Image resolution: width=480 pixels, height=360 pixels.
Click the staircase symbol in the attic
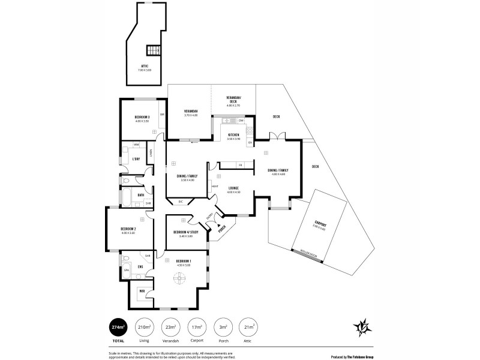(155, 50)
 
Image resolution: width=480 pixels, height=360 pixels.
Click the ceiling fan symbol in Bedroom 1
(179, 278)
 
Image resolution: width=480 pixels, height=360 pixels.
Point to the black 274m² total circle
(117, 327)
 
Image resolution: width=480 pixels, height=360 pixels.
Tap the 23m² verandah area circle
(172, 327)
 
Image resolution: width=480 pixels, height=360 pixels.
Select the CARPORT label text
(320, 224)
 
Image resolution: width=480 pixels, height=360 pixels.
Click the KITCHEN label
(233, 135)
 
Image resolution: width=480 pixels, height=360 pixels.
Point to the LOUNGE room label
(234, 188)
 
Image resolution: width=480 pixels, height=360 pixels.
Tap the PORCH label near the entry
(221, 229)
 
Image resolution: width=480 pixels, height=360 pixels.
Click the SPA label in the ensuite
(127, 271)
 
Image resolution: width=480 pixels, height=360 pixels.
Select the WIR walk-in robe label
(142, 292)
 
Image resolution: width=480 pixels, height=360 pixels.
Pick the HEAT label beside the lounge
(215, 186)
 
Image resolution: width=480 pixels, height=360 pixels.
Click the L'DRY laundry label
(136, 158)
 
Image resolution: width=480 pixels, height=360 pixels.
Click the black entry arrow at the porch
(212, 224)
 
